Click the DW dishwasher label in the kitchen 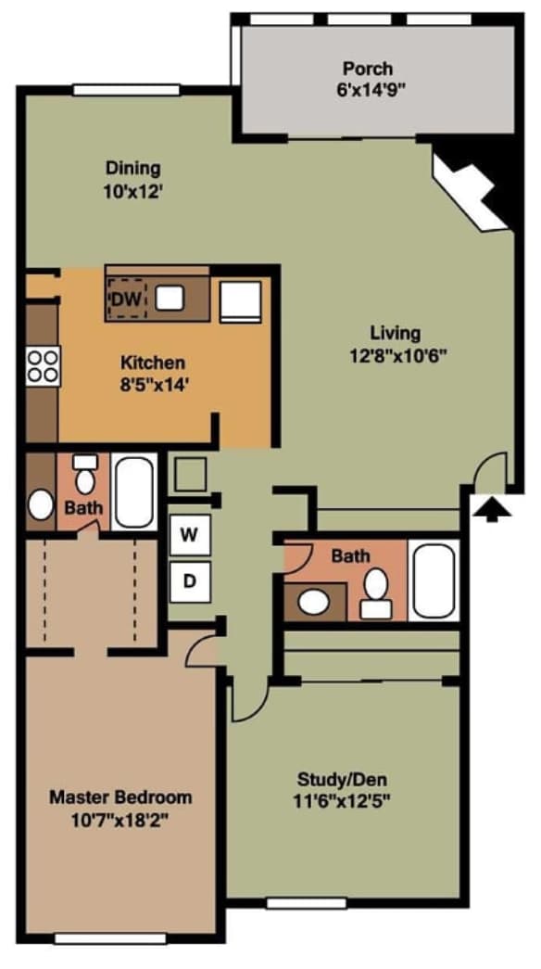click(125, 299)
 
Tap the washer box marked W click(189, 535)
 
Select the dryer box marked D click(189, 581)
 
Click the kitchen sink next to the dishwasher click(169, 298)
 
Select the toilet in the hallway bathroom click(376, 592)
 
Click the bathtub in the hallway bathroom click(433, 580)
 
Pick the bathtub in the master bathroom click(134, 491)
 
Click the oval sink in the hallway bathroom click(315, 602)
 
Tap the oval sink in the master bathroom click(40, 504)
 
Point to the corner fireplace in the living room click(472, 193)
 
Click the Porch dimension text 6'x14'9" click(368, 90)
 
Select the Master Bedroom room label click(120, 797)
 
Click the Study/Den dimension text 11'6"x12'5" click(344, 799)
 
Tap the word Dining click(132, 168)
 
